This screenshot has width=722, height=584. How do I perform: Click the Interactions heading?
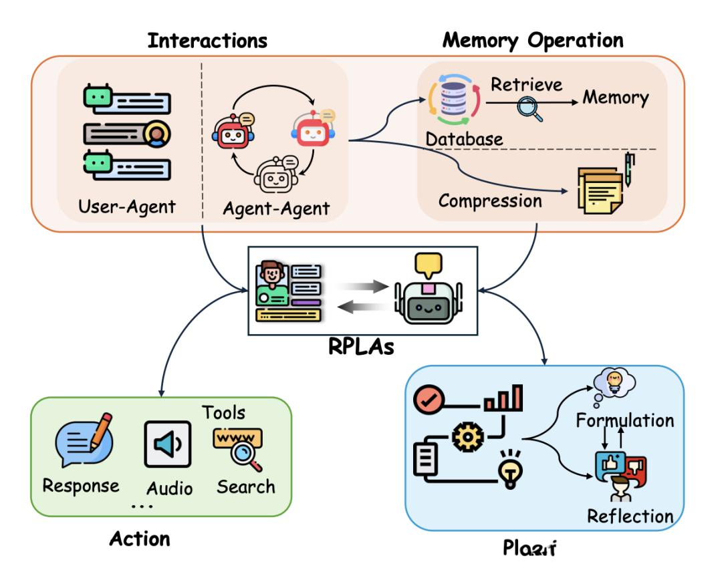point(207,40)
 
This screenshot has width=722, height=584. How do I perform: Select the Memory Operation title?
point(532,39)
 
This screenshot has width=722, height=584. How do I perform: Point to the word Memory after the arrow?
point(616,98)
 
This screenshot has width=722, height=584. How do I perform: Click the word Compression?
point(490,200)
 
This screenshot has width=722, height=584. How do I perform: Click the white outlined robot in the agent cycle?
point(275,175)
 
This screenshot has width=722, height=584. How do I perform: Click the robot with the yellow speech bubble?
point(428,295)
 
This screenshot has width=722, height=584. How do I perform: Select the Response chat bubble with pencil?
point(84,438)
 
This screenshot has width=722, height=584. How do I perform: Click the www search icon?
point(239,446)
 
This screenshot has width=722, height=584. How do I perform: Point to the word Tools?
point(223,412)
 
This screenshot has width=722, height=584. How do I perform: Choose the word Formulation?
point(625,420)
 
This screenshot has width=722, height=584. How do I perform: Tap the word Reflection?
point(630,516)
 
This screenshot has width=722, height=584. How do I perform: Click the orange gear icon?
point(467,438)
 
